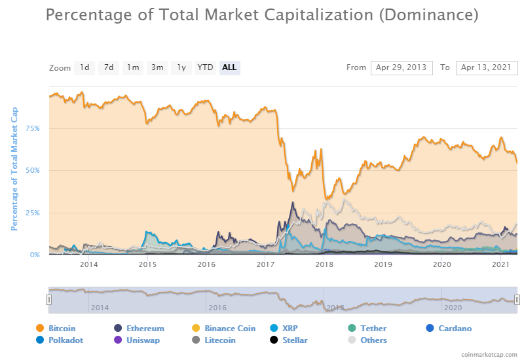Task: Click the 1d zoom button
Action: [x=84, y=67]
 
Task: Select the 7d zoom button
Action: [x=109, y=67]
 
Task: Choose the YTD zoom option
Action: [x=205, y=67]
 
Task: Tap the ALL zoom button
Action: [x=229, y=67]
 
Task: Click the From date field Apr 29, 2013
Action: [x=402, y=67]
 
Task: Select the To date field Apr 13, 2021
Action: [x=486, y=67]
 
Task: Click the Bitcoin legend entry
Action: [x=62, y=328]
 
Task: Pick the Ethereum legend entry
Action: [x=144, y=328]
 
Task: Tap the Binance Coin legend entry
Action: [x=229, y=328]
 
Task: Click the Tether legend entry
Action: [x=373, y=328]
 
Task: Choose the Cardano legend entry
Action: [x=454, y=328]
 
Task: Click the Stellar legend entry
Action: [x=294, y=340]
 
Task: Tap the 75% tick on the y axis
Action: [x=33, y=128]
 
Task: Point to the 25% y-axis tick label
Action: [x=33, y=213]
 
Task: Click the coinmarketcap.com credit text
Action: [x=489, y=354]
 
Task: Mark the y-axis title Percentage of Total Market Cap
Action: [x=14, y=169]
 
